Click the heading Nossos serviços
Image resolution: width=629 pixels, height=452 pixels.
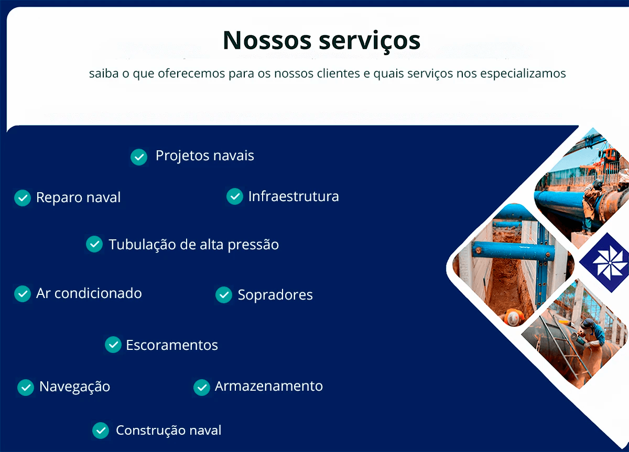coord(321,40)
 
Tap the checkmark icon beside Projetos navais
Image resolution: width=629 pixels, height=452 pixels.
coord(138,157)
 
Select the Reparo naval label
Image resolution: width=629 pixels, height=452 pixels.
coord(78,197)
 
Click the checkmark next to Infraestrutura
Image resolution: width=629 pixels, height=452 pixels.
coord(234,196)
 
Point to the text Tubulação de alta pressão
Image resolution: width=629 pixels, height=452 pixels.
coord(193,245)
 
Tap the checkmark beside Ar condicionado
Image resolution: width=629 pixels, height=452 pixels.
coord(23,294)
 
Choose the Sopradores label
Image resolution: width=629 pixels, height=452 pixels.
coord(275,295)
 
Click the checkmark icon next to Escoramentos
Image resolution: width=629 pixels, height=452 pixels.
coord(113,345)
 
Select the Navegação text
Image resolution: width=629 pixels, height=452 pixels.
coord(74,387)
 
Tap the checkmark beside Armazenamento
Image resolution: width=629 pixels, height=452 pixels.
coord(202,387)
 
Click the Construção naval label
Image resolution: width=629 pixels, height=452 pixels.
coord(168,431)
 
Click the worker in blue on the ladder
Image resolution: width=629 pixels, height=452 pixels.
coord(592,330)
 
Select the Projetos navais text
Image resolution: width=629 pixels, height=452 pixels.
coord(204,156)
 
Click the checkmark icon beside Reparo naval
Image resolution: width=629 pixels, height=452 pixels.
coord(23,197)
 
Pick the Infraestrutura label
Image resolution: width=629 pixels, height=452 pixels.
coord(294,196)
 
